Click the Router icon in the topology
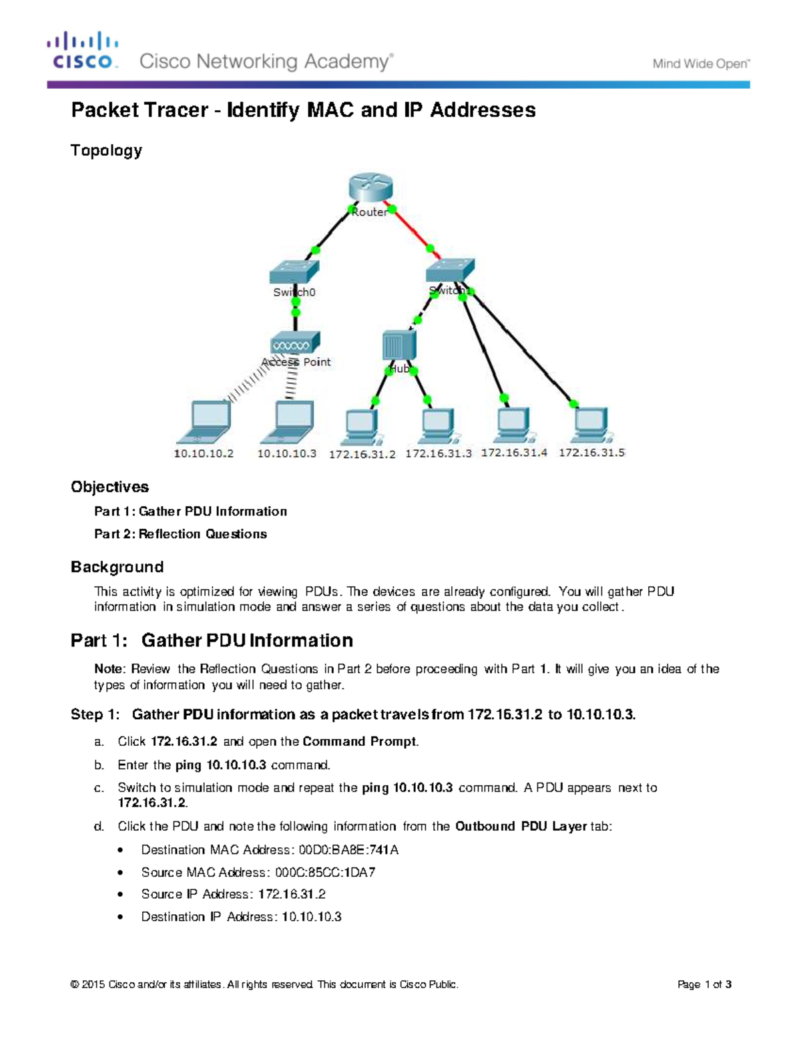[370, 188]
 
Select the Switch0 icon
[294, 272]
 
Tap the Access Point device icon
[295, 343]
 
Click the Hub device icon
[399, 346]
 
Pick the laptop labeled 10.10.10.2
[205, 422]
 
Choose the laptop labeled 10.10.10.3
[288, 422]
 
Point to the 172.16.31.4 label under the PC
[514, 452]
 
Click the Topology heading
[107, 150]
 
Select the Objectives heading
[109, 487]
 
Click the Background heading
[117, 567]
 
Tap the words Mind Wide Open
[701, 64]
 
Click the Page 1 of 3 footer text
[704, 984]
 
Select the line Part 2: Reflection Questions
[180, 534]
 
